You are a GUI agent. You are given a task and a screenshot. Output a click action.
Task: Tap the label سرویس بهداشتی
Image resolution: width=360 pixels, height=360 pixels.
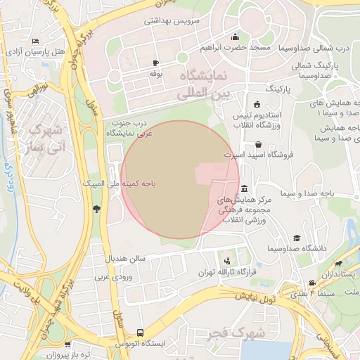coord(172,20)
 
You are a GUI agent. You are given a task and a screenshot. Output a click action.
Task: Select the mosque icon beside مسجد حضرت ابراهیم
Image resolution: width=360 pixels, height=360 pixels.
coord(234,37)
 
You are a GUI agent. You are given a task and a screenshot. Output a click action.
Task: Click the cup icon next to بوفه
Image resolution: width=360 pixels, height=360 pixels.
coord(155,63)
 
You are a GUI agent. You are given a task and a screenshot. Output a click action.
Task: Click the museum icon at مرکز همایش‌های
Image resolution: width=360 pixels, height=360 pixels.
coord(243,189)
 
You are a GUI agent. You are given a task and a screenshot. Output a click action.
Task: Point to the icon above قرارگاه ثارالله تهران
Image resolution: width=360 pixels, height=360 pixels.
coord(226,261)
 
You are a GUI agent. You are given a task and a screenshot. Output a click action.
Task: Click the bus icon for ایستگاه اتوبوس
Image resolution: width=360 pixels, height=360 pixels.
coord(141,332)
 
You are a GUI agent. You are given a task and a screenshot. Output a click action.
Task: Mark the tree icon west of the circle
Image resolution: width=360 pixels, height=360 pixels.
coord(96,209)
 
